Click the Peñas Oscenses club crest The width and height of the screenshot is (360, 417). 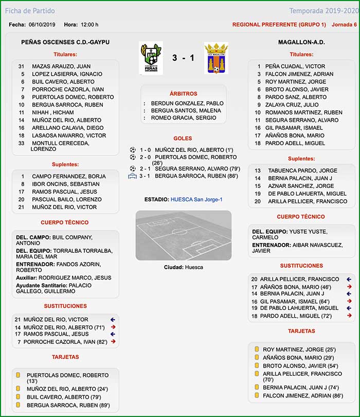click(x=151, y=58)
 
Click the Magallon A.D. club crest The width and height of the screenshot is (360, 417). click(x=216, y=58)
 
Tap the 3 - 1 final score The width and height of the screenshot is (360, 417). click(x=183, y=58)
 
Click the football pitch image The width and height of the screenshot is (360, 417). click(x=183, y=235)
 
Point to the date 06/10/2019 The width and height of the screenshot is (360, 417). click(x=43, y=25)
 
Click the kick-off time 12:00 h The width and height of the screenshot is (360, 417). click(x=89, y=25)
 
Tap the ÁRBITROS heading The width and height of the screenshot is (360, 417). click(x=183, y=94)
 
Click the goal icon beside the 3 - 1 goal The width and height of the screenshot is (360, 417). click(x=133, y=176)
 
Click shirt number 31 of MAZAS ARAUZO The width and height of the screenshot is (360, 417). click(x=21, y=66)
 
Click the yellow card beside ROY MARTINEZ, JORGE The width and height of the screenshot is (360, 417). click(x=257, y=349)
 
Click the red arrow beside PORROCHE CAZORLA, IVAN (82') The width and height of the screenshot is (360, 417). click(x=113, y=341)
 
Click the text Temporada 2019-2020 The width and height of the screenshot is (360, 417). click(x=322, y=11)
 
